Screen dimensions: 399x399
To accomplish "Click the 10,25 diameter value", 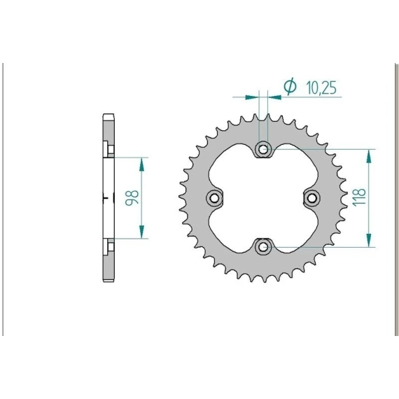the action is [x=321, y=87].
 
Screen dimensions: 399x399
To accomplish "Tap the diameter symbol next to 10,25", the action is [x=290, y=86].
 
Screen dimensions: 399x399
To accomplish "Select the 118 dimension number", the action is [x=359, y=197].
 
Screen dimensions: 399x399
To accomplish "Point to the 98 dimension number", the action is [x=132, y=197].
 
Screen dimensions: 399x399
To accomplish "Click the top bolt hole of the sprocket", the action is [x=263, y=149].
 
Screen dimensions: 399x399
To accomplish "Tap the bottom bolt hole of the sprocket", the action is [x=263, y=246].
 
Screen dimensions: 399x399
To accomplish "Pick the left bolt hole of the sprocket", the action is [x=214, y=197].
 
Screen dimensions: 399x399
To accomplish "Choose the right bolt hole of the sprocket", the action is [x=312, y=197].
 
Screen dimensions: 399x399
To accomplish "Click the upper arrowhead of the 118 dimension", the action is [x=368, y=156].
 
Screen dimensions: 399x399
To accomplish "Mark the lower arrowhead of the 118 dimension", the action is [x=368, y=240].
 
